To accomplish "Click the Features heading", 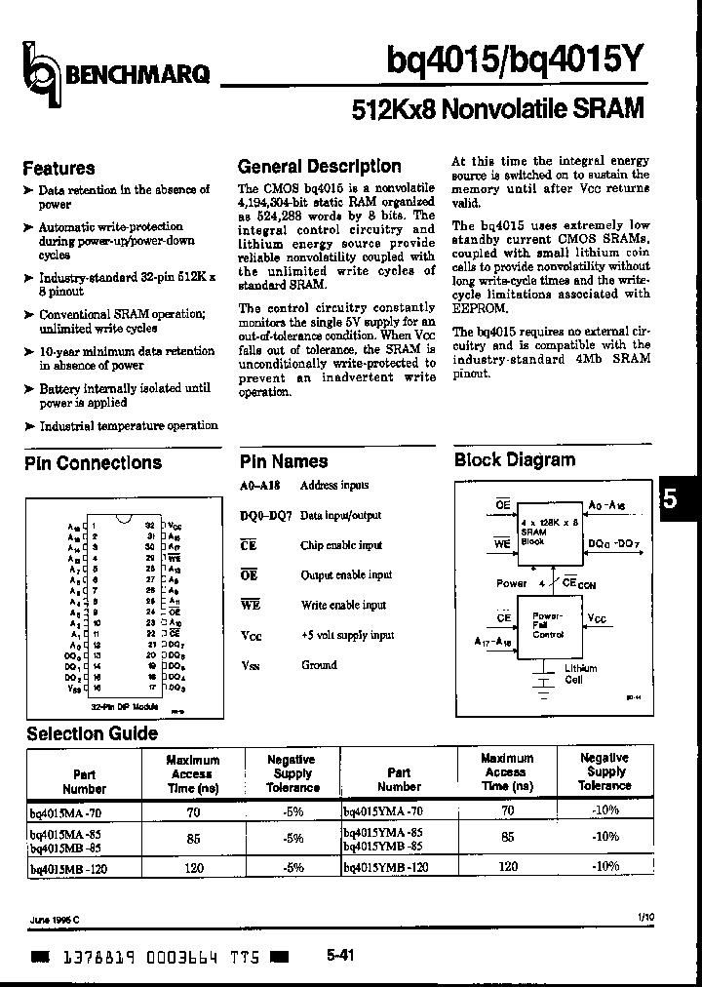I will [58, 168].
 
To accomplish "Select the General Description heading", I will [319, 166].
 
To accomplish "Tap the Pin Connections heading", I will [93, 463].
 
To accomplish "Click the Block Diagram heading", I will [515, 460].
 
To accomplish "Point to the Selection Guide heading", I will [92, 733].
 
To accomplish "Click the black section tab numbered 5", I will [680, 498].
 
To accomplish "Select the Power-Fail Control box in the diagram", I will [547, 625].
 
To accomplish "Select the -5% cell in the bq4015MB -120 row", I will [292, 866].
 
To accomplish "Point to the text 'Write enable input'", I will [343, 605].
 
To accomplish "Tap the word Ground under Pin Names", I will [318, 664].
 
